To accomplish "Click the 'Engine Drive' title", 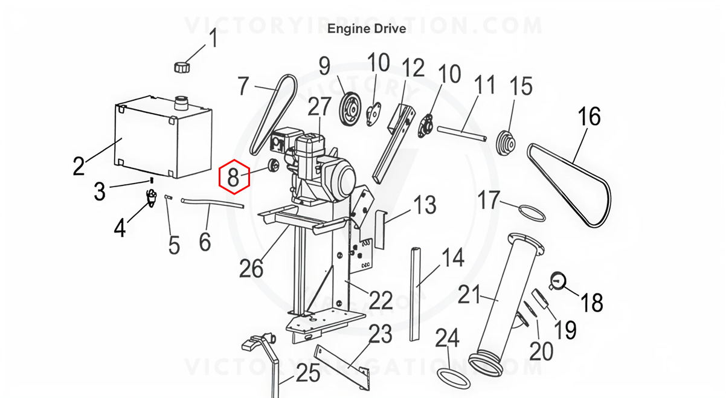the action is coord(367,29).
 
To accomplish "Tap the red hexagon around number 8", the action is coord(234,176).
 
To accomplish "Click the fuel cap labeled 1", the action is coord(182,67).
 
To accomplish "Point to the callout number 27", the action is coord(320,107).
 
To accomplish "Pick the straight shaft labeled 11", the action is coord(462,134).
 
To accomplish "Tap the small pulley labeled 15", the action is coord(506,143).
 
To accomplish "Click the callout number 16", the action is coord(589,117).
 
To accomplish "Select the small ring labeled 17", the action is coord(532,213).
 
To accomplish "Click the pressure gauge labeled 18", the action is coord(557,281).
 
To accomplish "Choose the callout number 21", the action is coord(469,295).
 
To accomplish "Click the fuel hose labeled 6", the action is coord(212,204).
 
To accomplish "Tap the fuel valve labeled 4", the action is coord(152,198).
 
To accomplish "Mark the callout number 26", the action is coord(251,268).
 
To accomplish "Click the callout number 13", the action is coord(425,205).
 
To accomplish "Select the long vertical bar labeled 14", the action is coord(415,294).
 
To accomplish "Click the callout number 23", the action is coord(381,334).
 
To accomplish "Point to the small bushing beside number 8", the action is coord(273,165).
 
